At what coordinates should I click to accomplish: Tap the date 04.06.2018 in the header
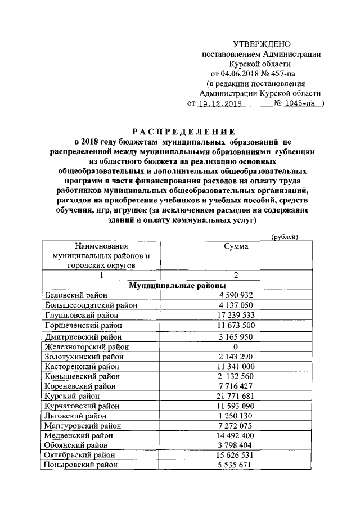(x=241, y=74)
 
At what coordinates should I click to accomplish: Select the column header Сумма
(x=236, y=246)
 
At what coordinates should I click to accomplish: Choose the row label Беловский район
(x=75, y=295)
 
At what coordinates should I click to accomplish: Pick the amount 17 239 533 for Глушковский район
(x=236, y=316)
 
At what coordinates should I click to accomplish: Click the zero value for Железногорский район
(x=236, y=346)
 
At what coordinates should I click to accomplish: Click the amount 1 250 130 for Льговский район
(x=236, y=416)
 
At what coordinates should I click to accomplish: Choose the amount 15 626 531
(x=236, y=454)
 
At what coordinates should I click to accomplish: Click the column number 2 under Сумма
(x=236, y=275)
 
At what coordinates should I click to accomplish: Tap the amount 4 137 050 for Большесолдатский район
(x=236, y=305)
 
